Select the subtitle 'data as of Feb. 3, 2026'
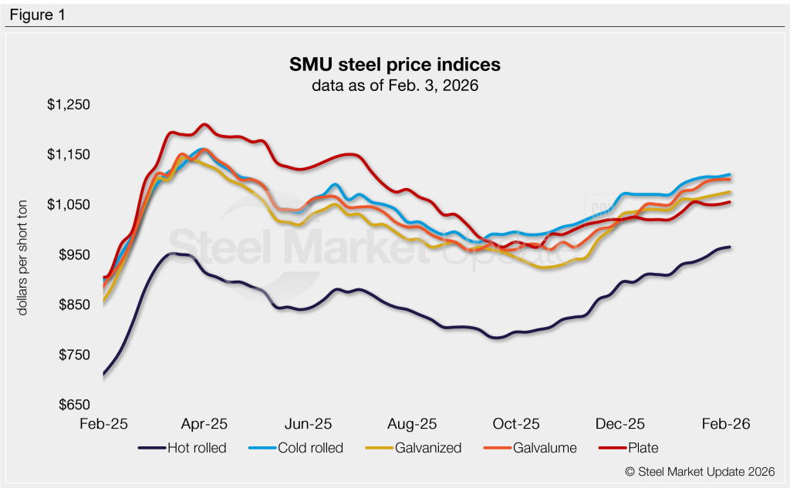[395, 86]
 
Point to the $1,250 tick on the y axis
[68, 105]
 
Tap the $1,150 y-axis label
[68, 155]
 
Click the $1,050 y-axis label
[68, 205]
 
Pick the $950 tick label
[73, 255]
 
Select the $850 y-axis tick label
[73, 305]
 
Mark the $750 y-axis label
[73, 355]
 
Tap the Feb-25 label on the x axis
[103, 424]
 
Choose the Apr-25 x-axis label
[205, 424]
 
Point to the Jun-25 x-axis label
[308, 424]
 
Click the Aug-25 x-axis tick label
[411, 424]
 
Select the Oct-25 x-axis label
[515, 424]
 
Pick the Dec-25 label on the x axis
[620, 424]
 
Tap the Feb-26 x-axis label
[724, 424]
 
